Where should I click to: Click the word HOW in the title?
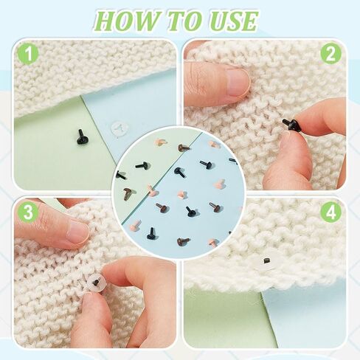[x=126, y=21]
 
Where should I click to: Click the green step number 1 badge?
[x=29, y=54]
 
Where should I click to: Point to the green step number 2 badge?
[x=331, y=54]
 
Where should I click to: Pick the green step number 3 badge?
[x=28, y=212]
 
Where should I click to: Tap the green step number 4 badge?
[x=331, y=212]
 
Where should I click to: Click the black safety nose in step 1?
[x=81, y=137]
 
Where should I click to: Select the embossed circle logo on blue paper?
[x=120, y=128]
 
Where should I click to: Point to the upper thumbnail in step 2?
[x=237, y=82]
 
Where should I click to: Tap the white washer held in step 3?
[x=96, y=283]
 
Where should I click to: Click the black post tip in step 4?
[x=266, y=260]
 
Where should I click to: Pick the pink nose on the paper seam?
[x=153, y=191]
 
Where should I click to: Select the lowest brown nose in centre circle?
[x=183, y=241]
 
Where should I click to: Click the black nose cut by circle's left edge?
[x=121, y=175]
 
